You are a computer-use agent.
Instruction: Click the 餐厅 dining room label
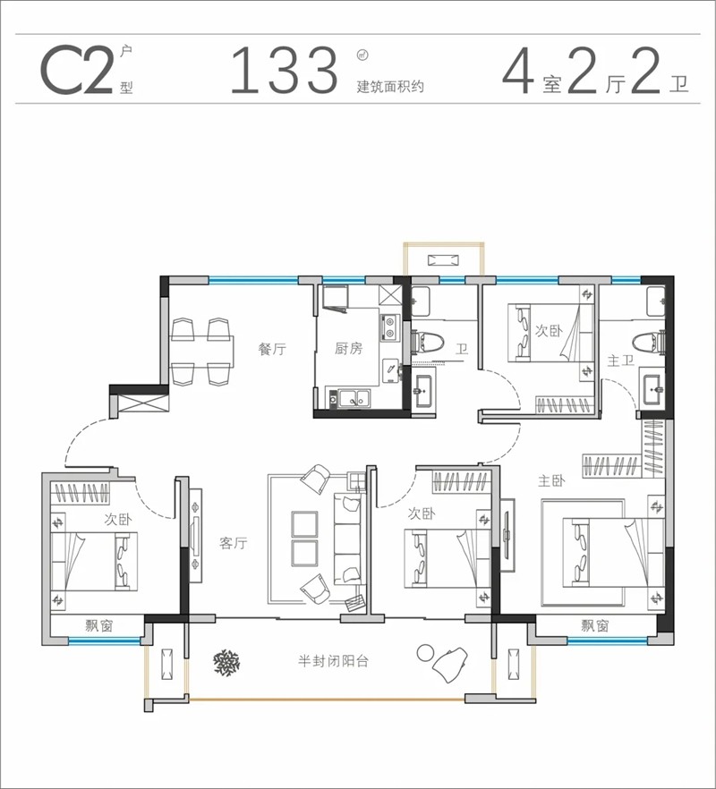(x=272, y=348)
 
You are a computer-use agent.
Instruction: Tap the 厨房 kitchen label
(x=348, y=348)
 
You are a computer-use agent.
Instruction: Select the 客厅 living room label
(x=233, y=543)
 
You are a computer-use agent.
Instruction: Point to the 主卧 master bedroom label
(x=551, y=481)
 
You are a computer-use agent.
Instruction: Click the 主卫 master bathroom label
(x=620, y=361)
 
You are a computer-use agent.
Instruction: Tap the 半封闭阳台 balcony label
(x=333, y=660)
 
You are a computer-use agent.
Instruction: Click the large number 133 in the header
(x=284, y=70)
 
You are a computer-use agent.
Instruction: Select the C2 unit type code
(x=76, y=70)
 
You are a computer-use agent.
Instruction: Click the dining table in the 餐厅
(x=201, y=352)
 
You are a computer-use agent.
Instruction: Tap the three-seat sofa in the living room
(x=348, y=538)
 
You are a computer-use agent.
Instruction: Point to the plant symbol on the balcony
(x=227, y=662)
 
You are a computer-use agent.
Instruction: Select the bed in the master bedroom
(x=613, y=553)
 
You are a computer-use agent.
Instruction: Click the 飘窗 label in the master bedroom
(x=594, y=625)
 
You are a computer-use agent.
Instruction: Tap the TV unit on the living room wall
(x=195, y=535)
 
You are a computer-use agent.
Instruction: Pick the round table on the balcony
(x=425, y=653)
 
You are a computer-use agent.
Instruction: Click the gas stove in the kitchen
(x=389, y=327)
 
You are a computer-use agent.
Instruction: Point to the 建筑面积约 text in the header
(x=390, y=87)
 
